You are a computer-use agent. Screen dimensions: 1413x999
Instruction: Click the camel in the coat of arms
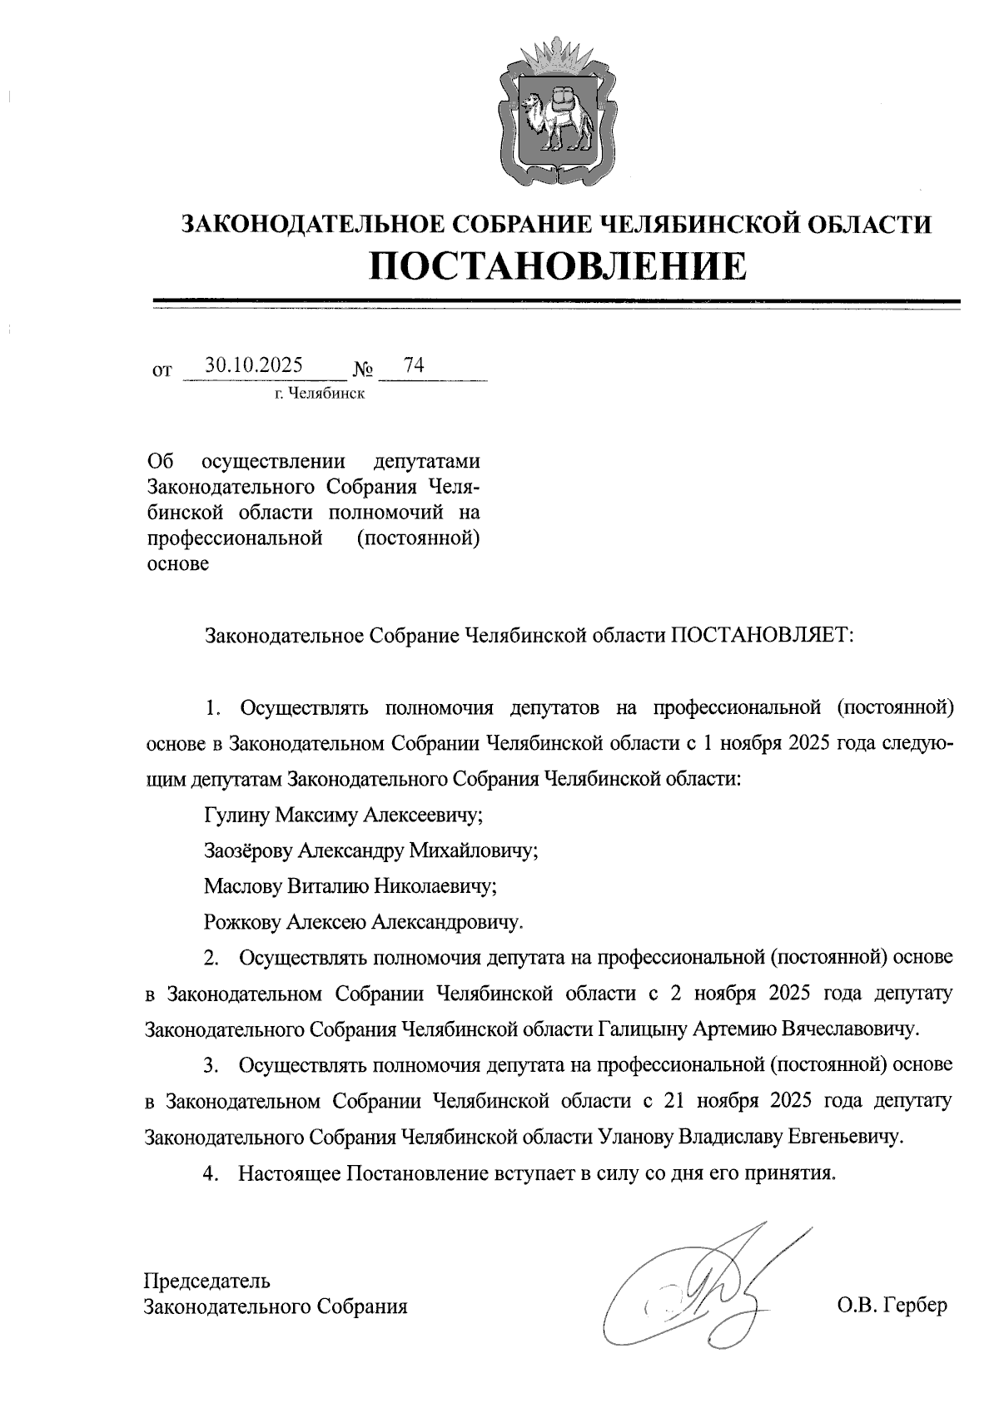point(556,117)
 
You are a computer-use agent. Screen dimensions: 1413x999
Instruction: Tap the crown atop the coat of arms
point(557,54)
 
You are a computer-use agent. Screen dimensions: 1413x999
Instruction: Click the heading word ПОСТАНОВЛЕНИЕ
point(557,265)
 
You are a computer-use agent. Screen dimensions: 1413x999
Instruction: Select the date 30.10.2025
point(255,365)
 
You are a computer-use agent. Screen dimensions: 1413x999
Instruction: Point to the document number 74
point(414,364)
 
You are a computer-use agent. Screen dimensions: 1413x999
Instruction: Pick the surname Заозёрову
point(249,850)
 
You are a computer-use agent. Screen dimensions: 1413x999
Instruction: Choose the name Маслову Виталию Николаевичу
point(350,886)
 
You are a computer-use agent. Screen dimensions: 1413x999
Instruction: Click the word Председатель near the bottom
point(207,1280)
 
